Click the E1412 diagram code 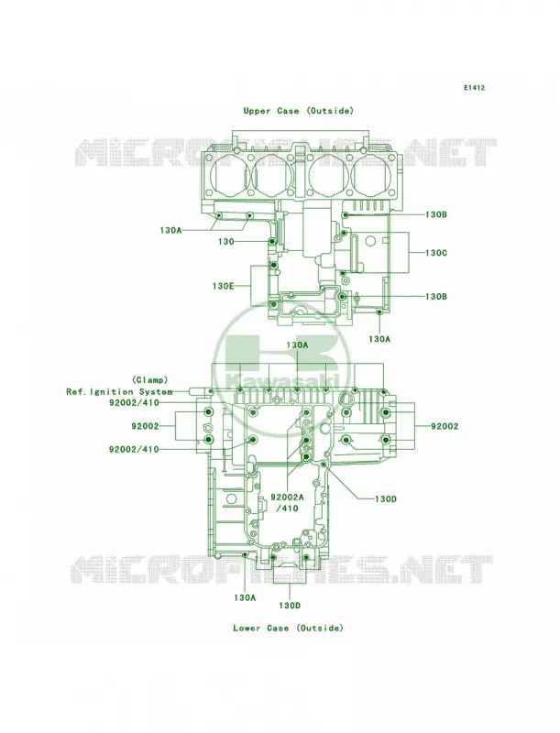click(x=474, y=87)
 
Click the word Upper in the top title click(x=257, y=111)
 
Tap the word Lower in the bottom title click(x=247, y=628)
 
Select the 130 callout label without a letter click(x=225, y=242)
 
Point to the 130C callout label click(x=436, y=253)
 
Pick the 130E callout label click(x=223, y=286)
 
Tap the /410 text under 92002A click(x=287, y=509)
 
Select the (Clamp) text click(x=149, y=379)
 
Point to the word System click(x=156, y=392)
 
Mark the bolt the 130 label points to click(x=272, y=241)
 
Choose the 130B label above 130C click(x=436, y=214)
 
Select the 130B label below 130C click(x=436, y=296)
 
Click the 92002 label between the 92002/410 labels click(x=145, y=426)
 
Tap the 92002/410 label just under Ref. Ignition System click(x=134, y=403)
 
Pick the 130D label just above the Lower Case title click(x=290, y=606)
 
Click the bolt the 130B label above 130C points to click(x=346, y=214)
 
